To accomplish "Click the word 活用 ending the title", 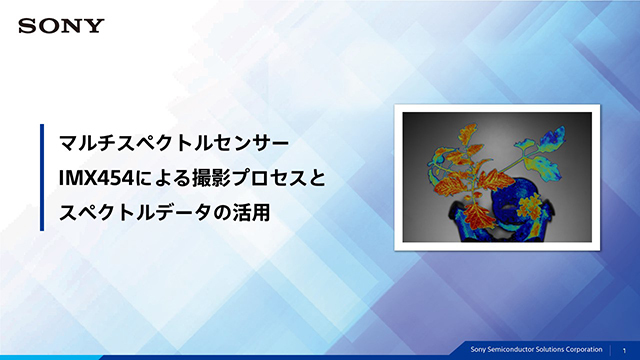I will [253, 211].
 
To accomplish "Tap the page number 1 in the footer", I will [624, 349].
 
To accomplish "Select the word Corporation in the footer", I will [582, 349].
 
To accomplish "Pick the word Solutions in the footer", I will [550, 349].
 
